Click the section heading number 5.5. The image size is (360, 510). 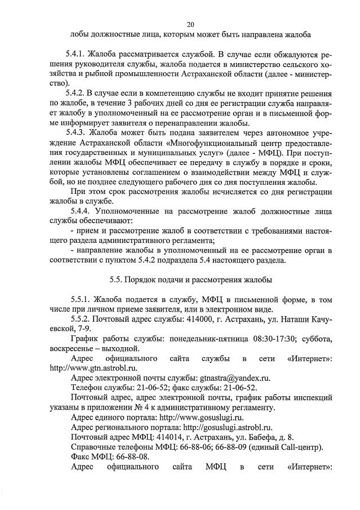point(116,279)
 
